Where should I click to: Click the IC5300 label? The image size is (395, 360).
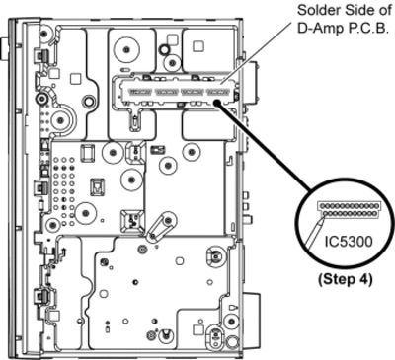349,242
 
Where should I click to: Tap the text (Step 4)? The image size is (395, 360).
346,279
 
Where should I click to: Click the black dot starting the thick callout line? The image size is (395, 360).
217,103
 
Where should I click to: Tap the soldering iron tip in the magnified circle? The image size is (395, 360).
321,222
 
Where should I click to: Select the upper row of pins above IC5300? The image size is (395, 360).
349,205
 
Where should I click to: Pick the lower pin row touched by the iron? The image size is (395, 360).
350,214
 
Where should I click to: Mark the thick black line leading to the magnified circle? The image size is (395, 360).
264,146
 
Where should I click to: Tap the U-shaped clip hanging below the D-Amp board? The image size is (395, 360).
134,121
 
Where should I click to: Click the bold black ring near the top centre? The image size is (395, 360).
164,49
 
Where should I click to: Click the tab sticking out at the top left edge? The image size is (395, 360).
4,49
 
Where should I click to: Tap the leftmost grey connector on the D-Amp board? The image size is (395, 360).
140,92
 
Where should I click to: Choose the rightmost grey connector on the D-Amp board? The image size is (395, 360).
218,92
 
